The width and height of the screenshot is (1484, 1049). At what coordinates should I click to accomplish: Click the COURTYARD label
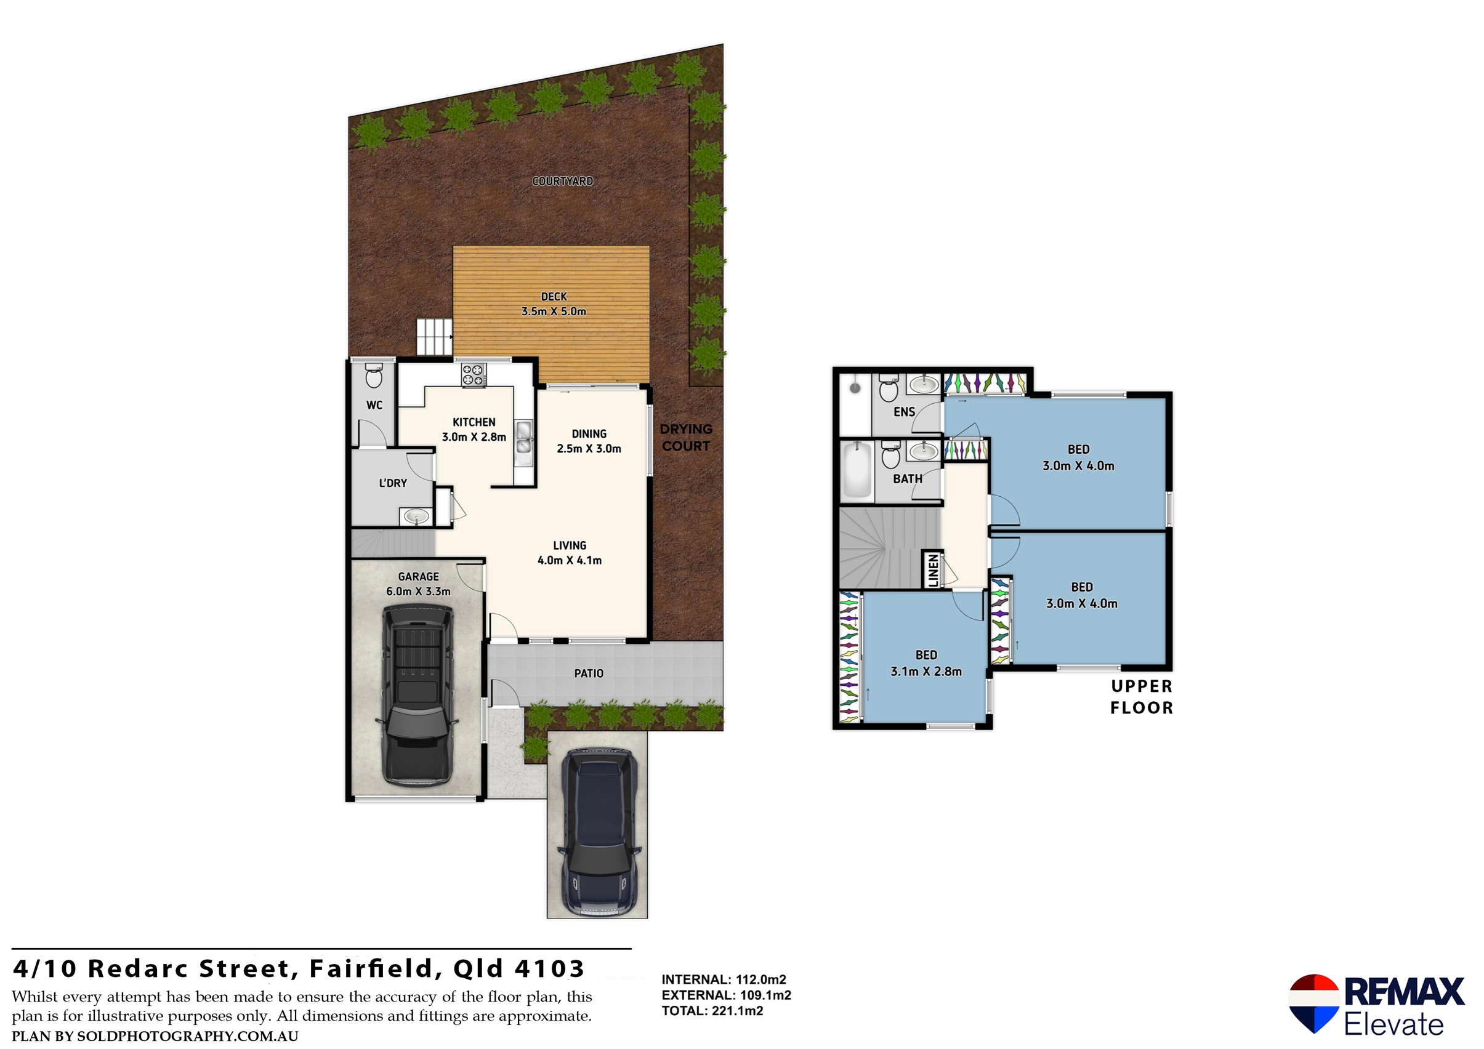pyautogui.click(x=562, y=181)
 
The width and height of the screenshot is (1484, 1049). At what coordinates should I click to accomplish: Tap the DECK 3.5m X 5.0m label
pyautogui.click(x=554, y=303)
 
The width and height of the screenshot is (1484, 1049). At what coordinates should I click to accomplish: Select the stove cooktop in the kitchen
pyautogui.click(x=473, y=376)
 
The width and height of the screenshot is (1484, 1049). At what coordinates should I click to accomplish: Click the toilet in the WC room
pyautogui.click(x=374, y=376)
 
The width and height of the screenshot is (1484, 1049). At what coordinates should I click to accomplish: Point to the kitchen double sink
pyautogui.click(x=523, y=437)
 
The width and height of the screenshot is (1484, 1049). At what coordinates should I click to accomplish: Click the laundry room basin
pyautogui.click(x=415, y=516)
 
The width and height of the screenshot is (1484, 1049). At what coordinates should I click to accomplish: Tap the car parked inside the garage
pyautogui.click(x=417, y=694)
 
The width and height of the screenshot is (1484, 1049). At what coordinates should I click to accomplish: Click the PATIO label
pyautogui.click(x=588, y=673)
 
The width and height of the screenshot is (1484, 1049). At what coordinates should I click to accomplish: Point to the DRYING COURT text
pyautogui.click(x=685, y=438)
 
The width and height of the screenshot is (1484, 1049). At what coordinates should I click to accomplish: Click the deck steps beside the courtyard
pyautogui.click(x=434, y=336)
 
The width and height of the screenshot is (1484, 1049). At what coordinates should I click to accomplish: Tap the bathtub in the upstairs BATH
pyautogui.click(x=857, y=470)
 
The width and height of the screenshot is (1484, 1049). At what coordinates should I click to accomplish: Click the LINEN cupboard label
pyautogui.click(x=933, y=571)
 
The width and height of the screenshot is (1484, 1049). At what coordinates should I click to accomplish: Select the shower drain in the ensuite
pyautogui.click(x=855, y=388)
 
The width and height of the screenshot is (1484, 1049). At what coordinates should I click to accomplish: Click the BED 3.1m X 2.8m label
pyautogui.click(x=925, y=663)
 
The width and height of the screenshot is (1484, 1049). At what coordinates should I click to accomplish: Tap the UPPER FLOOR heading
pyautogui.click(x=1141, y=697)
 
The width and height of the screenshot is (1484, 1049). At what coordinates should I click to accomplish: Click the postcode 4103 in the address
pyautogui.click(x=549, y=969)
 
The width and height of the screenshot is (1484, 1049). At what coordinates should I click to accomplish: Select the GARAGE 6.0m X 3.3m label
pyautogui.click(x=417, y=584)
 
